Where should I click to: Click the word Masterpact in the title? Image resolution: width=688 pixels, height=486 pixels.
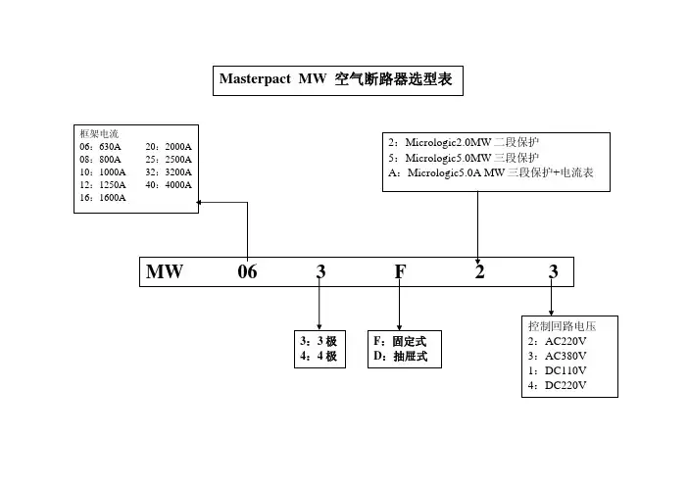pos(254,78)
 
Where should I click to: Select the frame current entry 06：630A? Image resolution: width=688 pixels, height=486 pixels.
pos(100,146)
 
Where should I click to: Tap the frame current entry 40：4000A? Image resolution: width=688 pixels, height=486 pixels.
pos(170,184)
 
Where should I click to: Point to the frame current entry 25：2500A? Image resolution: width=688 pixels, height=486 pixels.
pos(170,159)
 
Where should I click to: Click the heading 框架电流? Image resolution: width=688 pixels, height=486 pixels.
pos(99,133)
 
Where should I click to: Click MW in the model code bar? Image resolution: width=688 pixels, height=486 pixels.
pos(165,271)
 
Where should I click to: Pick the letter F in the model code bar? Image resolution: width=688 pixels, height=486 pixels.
pos(400,271)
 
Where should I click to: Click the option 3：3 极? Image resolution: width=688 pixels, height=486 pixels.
pos(319,341)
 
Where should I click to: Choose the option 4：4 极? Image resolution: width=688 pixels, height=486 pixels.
pos(319,357)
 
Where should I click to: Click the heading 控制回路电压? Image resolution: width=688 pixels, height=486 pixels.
pos(562,325)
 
